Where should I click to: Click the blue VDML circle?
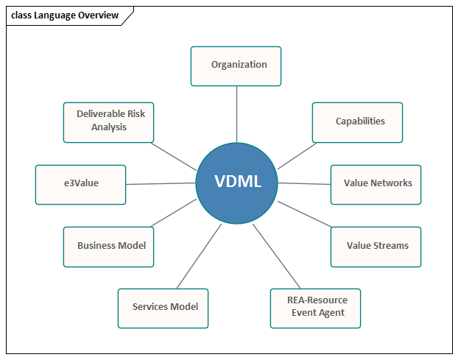pyautogui.click(x=237, y=182)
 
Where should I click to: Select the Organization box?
pyautogui.click(x=236, y=66)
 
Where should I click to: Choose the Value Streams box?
pyautogui.click(x=376, y=246)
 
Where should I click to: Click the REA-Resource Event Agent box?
pyautogui.click(x=315, y=307)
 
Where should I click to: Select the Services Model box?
pyautogui.click(x=163, y=307)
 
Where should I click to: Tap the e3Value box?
pyautogui.click(x=80, y=184)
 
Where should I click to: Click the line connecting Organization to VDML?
pyautogui.click(x=236, y=113)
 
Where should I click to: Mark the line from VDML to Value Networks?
pyautogui.click(x=303, y=183)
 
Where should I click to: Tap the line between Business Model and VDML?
pyautogui.click(x=175, y=213)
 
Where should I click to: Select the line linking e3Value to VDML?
pyautogui.click(x=161, y=183)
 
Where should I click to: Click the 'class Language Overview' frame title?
pyautogui.click(x=65, y=15)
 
